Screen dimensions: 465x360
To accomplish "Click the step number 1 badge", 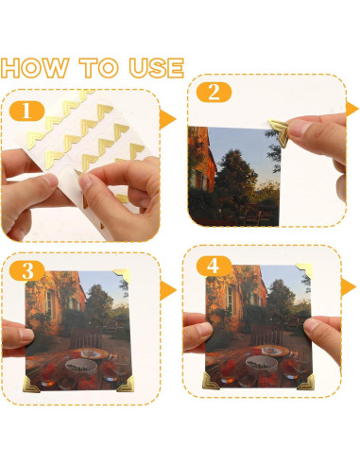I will [x=27, y=111].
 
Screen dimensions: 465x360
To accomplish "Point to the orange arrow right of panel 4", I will [x=351, y=285].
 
